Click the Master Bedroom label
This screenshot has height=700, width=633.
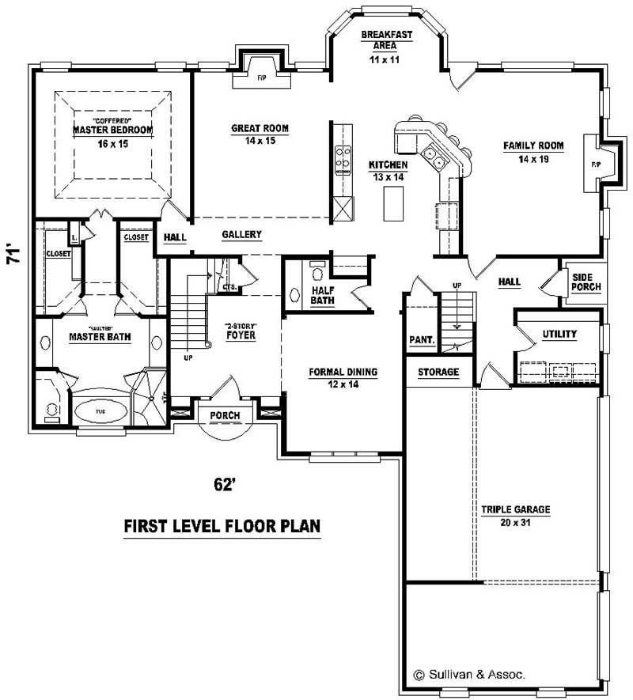click(112, 129)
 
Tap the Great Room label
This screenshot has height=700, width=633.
click(260, 128)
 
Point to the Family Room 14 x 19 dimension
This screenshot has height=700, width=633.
click(533, 159)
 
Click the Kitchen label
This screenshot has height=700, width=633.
click(388, 165)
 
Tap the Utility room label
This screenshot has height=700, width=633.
click(559, 334)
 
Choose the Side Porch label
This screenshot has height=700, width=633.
click(586, 282)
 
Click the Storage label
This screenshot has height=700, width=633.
click(438, 372)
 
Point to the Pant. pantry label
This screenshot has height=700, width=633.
click(422, 339)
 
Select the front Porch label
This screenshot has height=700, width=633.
click(225, 415)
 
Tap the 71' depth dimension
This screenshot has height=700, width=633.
click(13, 257)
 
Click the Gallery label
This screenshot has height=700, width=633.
click(241, 235)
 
